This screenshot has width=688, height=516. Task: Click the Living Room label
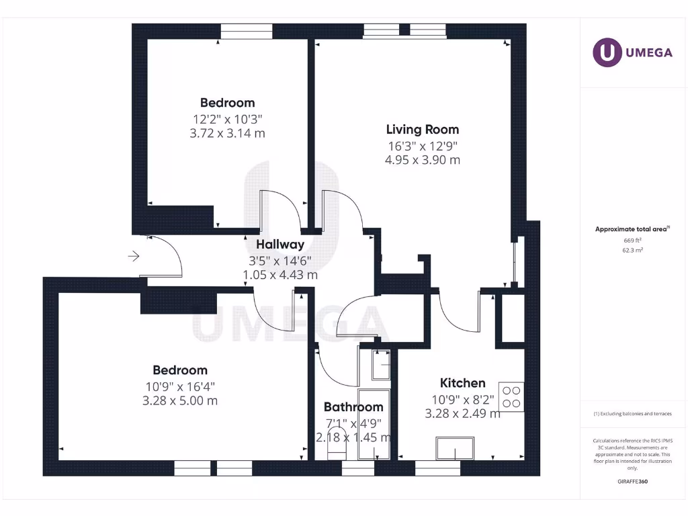pos(422,129)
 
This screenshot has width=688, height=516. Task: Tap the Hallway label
pos(280,245)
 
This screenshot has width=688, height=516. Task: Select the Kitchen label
pos(462,383)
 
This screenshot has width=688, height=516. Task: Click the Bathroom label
pos(353,406)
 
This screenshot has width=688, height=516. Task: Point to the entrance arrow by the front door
pos(134,256)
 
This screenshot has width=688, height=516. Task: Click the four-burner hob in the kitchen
pos(511,396)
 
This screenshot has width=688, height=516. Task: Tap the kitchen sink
pos(455,447)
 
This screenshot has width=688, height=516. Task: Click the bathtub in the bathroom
pos(374,423)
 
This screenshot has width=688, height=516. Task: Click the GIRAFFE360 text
pos(632,482)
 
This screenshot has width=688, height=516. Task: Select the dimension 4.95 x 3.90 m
pos(422,160)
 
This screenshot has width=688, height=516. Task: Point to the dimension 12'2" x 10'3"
pos(227,119)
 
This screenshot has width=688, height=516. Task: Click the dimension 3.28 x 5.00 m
pos(180,401)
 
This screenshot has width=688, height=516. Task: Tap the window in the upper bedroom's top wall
pos(247,32)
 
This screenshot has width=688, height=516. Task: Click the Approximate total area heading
pos(631,229)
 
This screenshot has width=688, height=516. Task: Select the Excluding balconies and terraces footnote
pos(632,414)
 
